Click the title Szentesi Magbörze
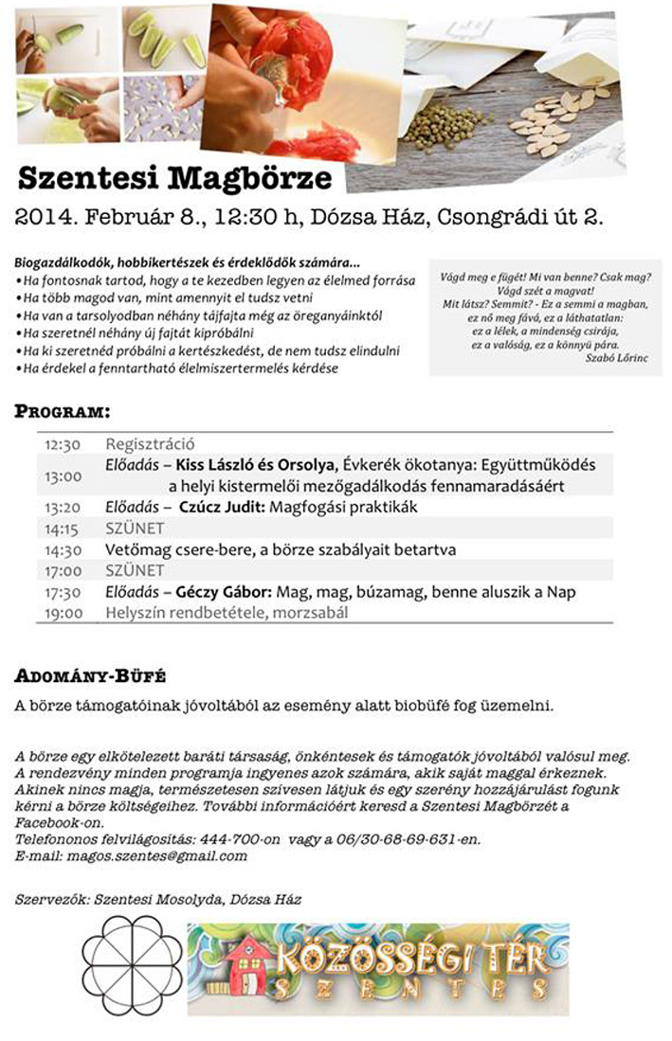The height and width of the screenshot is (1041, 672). tap(174, 178)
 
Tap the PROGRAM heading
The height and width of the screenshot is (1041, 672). tap(62, 412)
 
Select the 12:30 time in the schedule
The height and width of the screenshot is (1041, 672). tap(63, 443)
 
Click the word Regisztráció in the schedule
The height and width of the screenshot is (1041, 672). tap(150, 443)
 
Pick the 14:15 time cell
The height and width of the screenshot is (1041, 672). tap(63, 528)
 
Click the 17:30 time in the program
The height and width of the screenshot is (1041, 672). tap(63, 592)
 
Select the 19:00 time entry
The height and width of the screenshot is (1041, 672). tap(63, 613)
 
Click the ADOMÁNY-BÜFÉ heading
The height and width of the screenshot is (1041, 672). tap(91, 676)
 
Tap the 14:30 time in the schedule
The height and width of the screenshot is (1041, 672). tap(63, 549)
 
